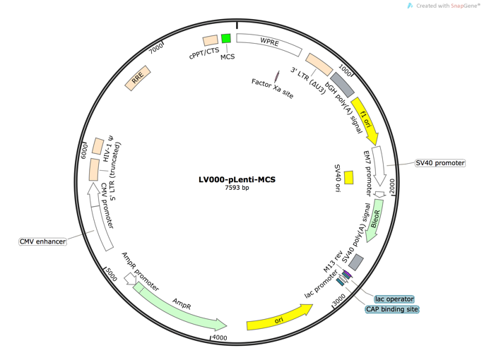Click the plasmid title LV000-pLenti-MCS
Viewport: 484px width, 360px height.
click(x=237, y=179)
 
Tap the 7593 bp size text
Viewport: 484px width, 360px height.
click(x=237, y=188)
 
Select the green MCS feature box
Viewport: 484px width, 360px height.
click(x=226, y=39)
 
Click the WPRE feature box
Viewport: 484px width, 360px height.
click(x=269, y=43)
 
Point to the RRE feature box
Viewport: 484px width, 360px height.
click(x=138, y=80)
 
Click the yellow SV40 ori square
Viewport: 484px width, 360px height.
click(x=348, y=177)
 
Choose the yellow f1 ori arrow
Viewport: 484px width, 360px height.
click(x=365, y=115)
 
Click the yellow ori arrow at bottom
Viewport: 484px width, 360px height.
click(x=279, y=319)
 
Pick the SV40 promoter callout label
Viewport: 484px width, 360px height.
click(x=439, y=163)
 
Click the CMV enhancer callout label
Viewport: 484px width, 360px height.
click(x=42, y=241)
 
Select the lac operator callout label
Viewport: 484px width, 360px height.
click(x=394, y=299)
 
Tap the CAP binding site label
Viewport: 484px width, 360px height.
click(x=392, y=309)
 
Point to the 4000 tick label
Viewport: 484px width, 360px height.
click(x=220, y=338)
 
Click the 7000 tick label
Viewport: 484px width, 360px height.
click(x=156, y=48)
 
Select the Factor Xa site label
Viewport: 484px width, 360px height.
click(x=272, y=88)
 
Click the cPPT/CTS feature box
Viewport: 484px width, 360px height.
click(x=210, y=41)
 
